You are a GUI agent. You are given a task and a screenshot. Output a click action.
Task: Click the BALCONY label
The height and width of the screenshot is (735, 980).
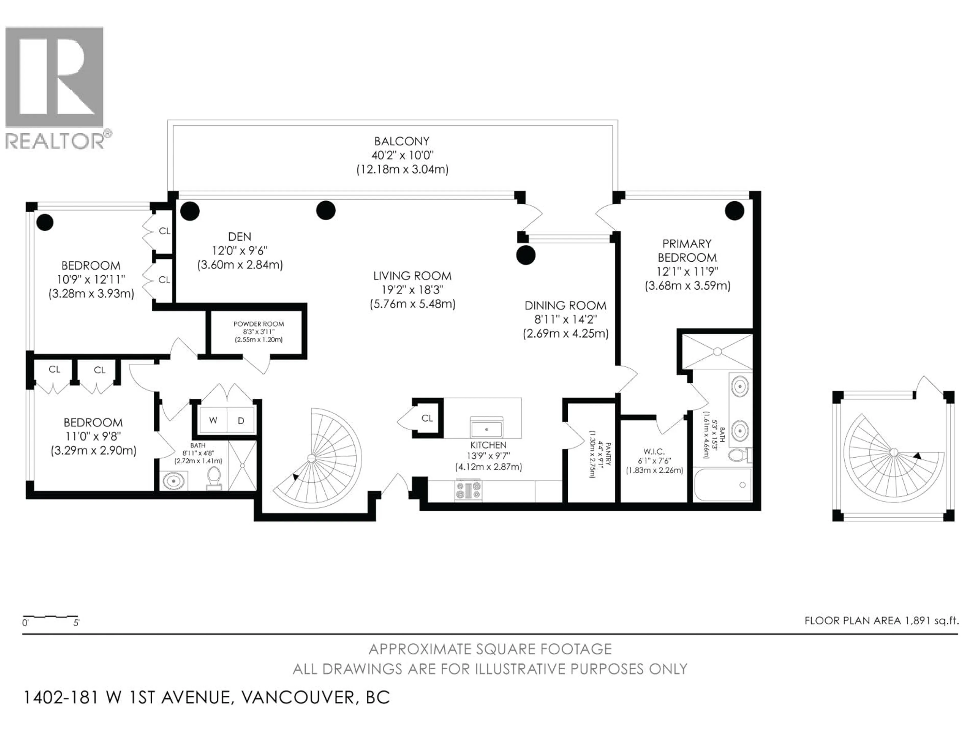pos(401,141)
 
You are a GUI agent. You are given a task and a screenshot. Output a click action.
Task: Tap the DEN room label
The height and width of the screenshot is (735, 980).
pos(240,237)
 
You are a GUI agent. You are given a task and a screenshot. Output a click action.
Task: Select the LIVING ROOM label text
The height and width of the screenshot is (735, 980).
pos(412,276)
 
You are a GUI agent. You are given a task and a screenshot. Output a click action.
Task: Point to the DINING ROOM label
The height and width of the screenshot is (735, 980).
pos(565,306)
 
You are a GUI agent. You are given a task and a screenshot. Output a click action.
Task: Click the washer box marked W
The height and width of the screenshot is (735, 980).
pos(213,420)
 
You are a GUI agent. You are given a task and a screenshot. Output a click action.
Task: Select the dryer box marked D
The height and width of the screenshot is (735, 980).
pos(241,420)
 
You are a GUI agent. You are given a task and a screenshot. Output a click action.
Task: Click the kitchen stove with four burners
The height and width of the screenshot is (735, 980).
pos(468,491)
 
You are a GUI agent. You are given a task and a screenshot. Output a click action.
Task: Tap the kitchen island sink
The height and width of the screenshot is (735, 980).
pos(486,429)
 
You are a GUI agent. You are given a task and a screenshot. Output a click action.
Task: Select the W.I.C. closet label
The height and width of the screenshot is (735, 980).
pos(654,451)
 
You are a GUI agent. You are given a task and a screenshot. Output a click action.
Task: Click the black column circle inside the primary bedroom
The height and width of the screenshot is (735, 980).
pos(734,211)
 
